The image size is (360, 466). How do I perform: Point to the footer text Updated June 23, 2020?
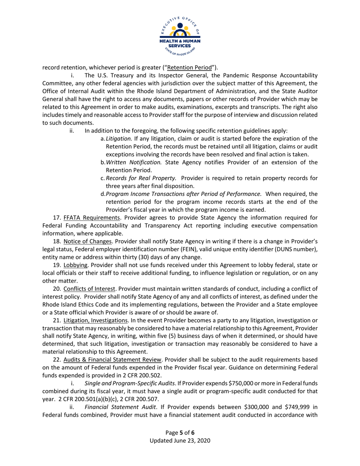tap(180, 441)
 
